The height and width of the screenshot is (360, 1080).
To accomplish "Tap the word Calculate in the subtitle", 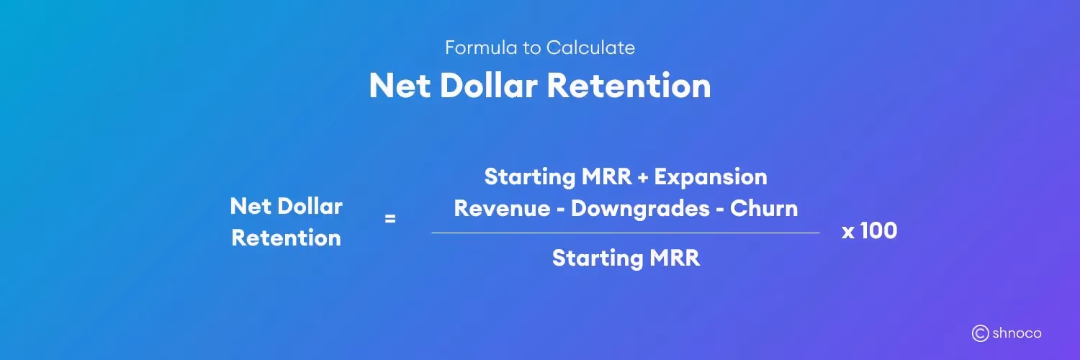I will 590,48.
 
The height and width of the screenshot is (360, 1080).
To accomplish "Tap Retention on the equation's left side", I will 286,238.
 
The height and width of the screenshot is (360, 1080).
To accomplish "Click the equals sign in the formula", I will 390,219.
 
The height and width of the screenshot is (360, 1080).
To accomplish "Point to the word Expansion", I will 710,176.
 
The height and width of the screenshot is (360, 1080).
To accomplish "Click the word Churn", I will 764,209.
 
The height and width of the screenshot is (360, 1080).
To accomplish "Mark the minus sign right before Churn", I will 719,210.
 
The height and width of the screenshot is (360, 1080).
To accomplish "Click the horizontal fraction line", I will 625,233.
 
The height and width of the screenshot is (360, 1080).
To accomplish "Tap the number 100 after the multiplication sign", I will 878,231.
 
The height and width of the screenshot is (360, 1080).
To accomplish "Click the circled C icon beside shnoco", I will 980,333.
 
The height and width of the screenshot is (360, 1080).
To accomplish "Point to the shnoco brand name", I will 1017,333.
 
